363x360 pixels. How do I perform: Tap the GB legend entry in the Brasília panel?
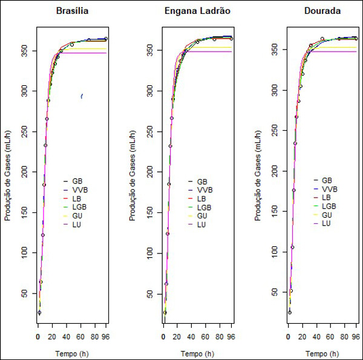77,182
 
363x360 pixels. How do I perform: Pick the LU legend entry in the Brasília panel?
77,224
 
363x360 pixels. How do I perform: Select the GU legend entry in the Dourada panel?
326,215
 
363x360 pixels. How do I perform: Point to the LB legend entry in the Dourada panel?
326,197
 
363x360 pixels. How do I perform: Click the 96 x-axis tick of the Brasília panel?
106,336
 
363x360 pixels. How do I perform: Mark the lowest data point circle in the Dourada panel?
290,312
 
